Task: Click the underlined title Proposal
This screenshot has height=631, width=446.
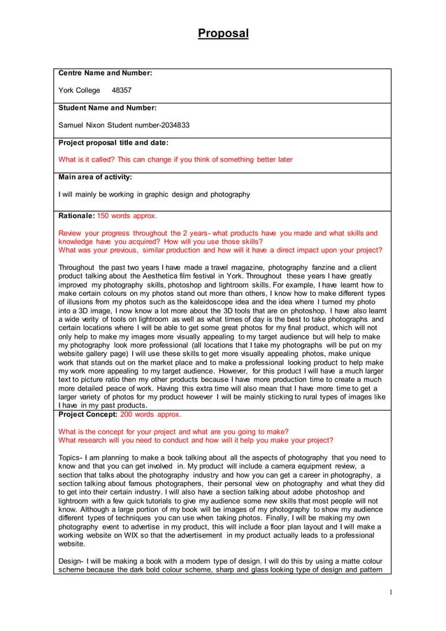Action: [x=223, y=33]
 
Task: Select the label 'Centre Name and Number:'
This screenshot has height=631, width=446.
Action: [x=106, y=72]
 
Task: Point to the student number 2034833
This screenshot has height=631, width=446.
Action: [x=172, y=125]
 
